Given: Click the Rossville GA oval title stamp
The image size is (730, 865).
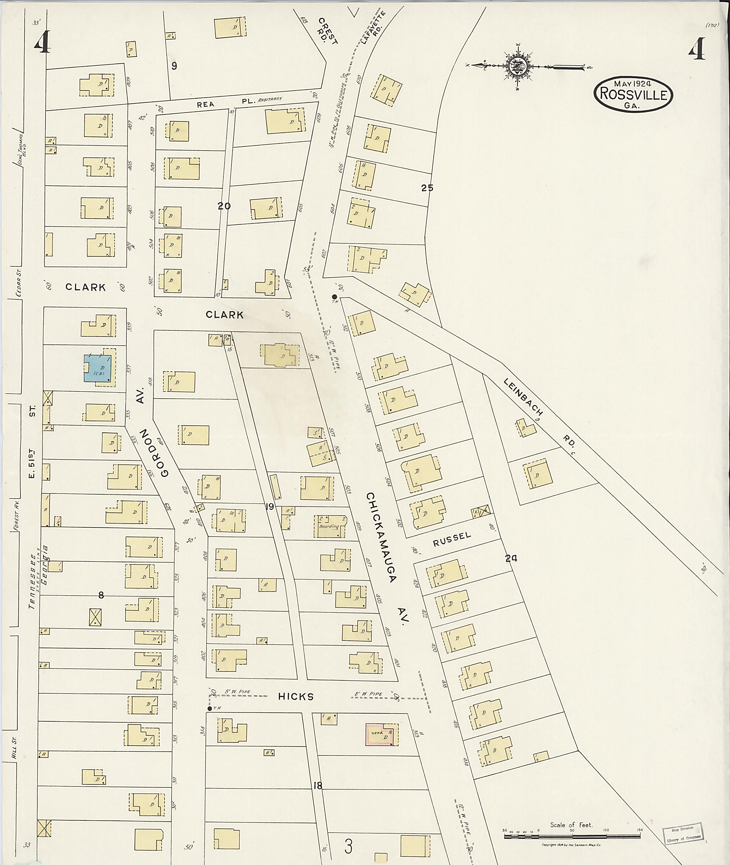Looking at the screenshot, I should tap(633, 94).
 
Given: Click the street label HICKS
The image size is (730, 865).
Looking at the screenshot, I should tap(295, 697).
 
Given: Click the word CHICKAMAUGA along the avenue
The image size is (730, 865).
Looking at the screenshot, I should tap(381, 537).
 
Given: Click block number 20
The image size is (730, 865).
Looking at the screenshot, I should tap(224, 206).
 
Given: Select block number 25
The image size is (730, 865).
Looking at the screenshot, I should tap(427, 188).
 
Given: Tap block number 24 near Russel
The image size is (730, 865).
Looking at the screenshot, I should tap(511, 559).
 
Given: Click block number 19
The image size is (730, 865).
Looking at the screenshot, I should tap(270, 506).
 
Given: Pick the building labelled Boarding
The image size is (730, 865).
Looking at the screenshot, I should tap(330, 526).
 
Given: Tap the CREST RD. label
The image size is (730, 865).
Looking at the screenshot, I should tap(327, 31).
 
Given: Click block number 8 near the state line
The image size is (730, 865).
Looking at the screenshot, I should tap(101, 595).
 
